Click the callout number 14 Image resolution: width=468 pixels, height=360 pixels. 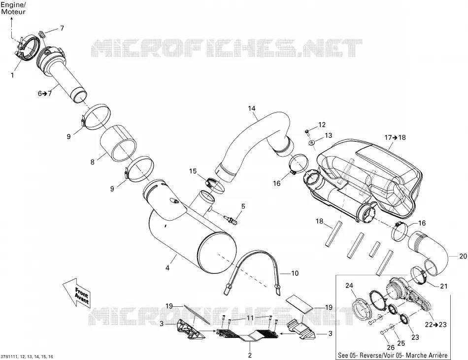tap(252, 108)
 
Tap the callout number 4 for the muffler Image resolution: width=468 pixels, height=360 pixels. tap(167, 268)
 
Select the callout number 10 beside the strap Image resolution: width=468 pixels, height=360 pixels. tap(295, 273)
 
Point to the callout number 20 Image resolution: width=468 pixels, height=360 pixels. tap(463, 256)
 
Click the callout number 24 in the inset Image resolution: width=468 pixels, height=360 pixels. tap(349, 286)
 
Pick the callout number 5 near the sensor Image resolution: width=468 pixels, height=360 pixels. tap(243, 206)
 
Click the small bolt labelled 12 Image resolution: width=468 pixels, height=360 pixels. tap(307, 131)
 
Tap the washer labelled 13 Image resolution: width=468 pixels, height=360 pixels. tap(312, 142)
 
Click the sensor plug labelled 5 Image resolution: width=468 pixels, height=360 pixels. tap(232, 221)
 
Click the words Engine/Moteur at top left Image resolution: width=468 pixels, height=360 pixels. tap(13, 8)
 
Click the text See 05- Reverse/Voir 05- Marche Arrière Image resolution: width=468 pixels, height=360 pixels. tap(393, 355)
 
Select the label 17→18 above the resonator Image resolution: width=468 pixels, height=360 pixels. tap(395, 137)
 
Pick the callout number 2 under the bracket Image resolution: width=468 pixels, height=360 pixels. tap(250, 355)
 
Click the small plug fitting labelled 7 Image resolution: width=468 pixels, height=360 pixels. tap(42, 33)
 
